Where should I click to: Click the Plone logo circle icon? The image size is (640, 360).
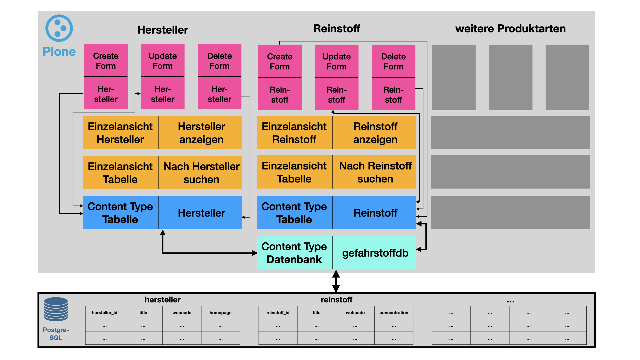[x=59, y=28]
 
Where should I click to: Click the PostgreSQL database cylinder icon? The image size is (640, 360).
[x=56, y=309]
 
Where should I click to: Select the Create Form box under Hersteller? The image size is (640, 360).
[x=106, y=61]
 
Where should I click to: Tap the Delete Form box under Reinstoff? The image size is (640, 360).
[x=393, y=61]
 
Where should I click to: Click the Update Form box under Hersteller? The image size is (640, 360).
[x=163, y=61]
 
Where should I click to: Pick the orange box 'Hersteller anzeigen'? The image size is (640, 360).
[x=201, y=133]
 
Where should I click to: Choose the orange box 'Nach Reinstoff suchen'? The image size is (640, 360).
[x=375, y=172]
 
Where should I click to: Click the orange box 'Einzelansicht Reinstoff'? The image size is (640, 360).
[x=294, y=133]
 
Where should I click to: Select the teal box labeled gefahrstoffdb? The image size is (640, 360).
[x=375, y=253]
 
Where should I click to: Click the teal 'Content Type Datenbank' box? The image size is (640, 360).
[x=294, y=253]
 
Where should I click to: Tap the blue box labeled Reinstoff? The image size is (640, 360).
[x=375, y=213]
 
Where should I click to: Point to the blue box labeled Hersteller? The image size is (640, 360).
[x=201, y=213]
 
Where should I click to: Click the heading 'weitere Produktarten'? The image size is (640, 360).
[x=510, y=29]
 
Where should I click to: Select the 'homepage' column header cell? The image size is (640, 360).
[x=220, y=313]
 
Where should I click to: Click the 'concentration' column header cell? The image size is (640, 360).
[x=394, y=313]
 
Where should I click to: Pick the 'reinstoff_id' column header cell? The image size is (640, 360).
[x=278, y=313]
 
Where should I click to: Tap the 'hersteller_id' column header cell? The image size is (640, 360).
[x=104, y=313]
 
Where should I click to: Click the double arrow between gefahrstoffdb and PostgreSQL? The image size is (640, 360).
[x=336, y=281]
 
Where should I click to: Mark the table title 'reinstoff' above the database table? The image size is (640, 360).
[x=336, y=300]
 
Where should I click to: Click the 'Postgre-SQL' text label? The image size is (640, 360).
[x=56, y=334]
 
